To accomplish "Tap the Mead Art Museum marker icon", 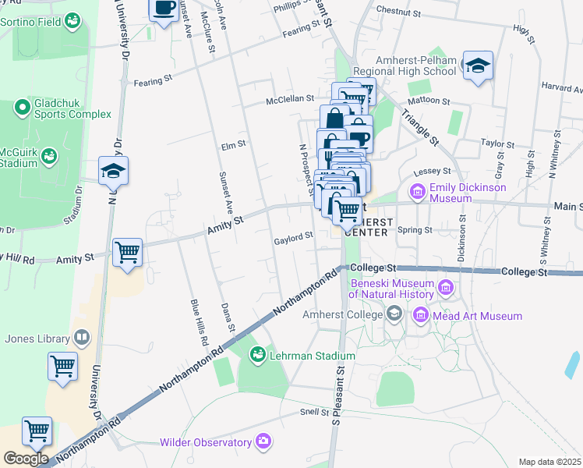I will click(x=421, y=315).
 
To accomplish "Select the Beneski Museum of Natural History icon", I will click(x=446, y=289).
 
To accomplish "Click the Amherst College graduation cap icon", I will click(x=395, y=314).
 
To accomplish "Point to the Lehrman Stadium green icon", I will click(x=256, y=355).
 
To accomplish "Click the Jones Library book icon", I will click(x=81, y=338).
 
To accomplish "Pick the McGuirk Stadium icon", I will click(x=50, y=156).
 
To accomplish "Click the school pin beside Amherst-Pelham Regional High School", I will click(x=477, y=66).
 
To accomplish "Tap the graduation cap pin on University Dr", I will click(x=113, y=172).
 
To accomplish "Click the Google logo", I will click(x=26, y=458).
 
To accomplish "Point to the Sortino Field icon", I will click(x=72, y=20).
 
